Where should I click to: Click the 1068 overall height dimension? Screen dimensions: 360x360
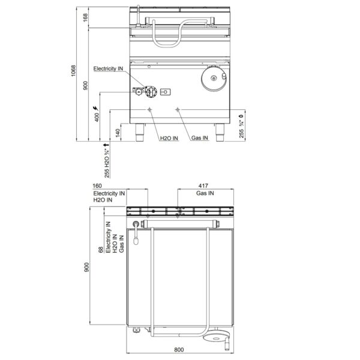tap(73, 71)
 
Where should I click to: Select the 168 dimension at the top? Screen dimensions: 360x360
tap(85, 17)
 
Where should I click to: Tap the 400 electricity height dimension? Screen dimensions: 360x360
tap(97, 117)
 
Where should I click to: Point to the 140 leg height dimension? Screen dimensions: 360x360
tap(118, 133)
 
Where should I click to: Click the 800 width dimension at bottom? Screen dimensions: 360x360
tap(179, 349)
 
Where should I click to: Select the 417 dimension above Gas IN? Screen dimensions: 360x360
tap(203, 185)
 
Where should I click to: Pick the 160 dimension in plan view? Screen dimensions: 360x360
tap(97, 185)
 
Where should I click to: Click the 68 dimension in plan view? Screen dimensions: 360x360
tap(101, 250)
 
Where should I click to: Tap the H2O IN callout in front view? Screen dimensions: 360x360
tap(169, 138)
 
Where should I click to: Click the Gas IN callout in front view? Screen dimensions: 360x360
tap(200, 138)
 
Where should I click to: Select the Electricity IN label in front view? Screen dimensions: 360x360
tap(108, 68)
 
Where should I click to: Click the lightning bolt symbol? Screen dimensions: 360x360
tap(95, 108)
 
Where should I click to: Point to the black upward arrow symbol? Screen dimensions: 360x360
tap(106, 145)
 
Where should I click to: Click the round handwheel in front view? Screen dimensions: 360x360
tap(214, 78)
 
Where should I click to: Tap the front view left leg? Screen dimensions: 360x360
tap(140, 133)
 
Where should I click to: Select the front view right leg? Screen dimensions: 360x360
tap(220, 133)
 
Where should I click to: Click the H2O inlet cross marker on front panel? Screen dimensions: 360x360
tap(149, 110)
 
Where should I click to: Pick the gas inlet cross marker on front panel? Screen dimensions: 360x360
tap(178, 110)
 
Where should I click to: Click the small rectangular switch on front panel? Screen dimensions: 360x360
tap(166, 92)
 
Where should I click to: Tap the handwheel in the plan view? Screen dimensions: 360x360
tap(215, 336)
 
